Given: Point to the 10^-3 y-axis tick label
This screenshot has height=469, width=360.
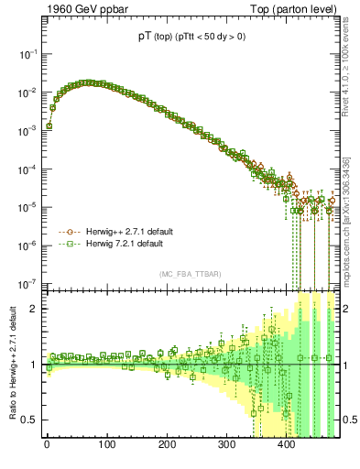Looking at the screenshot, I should pos(28,130).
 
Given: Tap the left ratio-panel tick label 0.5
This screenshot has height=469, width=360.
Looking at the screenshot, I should pos(30,420).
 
